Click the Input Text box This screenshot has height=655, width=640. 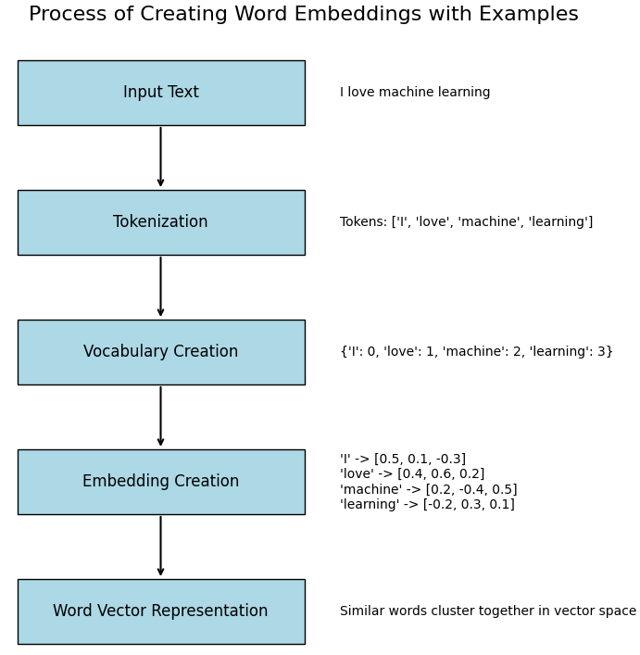click(160, 93)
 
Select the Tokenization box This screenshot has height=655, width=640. click(160, 222)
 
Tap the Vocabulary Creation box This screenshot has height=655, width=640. click(160, 352)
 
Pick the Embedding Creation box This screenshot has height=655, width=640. click(160, 482)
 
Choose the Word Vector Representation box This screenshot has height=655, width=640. click(160, 611)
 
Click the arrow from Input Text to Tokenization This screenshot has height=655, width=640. click(160, 157)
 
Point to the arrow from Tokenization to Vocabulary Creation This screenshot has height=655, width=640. click(160, 287)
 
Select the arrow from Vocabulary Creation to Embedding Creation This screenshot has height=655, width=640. click(160, 417)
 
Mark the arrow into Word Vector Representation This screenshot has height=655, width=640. click(160, 547)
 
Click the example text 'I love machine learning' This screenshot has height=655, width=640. click(415, 93)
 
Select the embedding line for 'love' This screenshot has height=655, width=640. click(412, 474)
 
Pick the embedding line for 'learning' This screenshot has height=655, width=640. click(427, 505)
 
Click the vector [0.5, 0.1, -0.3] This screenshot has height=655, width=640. click(420, 460)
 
